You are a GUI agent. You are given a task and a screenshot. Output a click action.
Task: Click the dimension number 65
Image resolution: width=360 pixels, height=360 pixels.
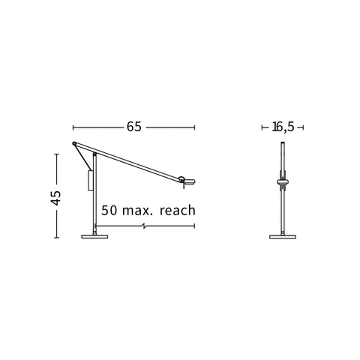click(134, 127)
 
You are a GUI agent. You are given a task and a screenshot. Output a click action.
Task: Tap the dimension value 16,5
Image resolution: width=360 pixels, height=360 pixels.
click(283, 127)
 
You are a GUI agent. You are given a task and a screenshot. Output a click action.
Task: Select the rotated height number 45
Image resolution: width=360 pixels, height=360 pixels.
click(55, 198)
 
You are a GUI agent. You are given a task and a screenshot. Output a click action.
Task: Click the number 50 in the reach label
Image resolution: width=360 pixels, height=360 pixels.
click(109, 210)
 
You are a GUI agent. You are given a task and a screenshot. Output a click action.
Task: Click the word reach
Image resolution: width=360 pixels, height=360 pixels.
click(178, 210)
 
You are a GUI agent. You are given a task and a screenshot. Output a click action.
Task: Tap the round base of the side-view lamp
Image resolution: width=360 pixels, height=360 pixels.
click(94, 236)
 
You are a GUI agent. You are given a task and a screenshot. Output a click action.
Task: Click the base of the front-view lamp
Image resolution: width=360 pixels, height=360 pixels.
click(283, 236)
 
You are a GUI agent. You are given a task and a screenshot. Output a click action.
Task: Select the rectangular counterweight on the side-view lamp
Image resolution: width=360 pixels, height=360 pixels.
click(90, 181)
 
